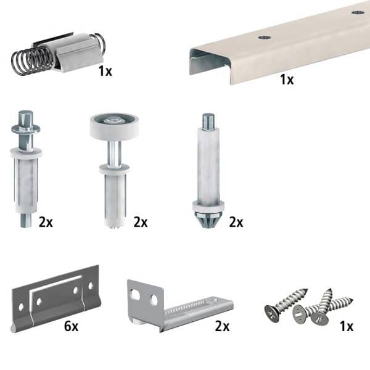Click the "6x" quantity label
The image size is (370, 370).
(71, 326)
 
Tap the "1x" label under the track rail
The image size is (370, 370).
(287, 80)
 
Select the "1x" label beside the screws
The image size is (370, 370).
(347, 326)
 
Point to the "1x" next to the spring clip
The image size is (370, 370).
(105, 71)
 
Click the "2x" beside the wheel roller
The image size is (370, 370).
(141, 222)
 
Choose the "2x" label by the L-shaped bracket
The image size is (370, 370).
(222, 326)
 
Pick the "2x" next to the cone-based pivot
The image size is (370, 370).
(236, 222)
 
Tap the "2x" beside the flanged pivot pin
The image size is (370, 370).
(46, 222)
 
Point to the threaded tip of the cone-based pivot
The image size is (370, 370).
(208, 121)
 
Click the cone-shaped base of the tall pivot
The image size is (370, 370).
(208, 220)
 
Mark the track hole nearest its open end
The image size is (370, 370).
(265, 37)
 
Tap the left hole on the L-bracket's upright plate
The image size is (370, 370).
(136, 294)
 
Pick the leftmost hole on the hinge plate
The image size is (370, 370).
(21, 307)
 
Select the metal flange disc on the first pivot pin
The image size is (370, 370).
(26, 129)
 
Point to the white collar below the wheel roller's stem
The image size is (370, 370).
(114, 169)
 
